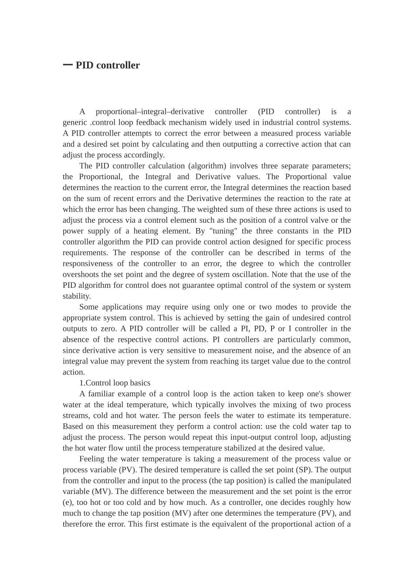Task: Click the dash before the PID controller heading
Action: point(68,65)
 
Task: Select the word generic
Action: point(75,123)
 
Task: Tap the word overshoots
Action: point(81,274)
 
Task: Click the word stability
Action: point(77,296)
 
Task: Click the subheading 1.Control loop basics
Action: point(115,383)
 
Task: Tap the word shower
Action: point(339,394)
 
